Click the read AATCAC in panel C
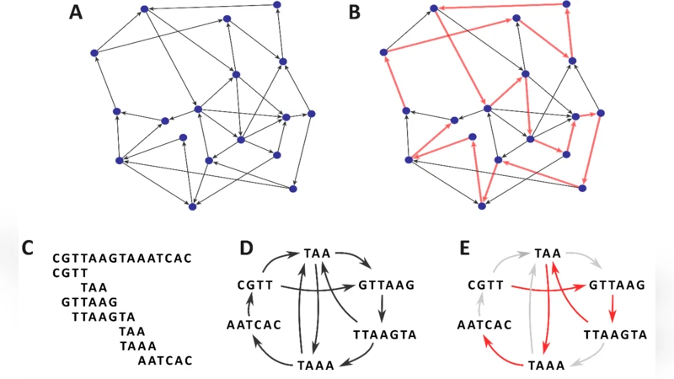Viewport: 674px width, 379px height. coord(165,360)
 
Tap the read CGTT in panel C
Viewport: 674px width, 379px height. coord(69,272)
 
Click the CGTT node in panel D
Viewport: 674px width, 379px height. coord(254,285)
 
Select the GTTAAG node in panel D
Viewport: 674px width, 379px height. coord(387,286)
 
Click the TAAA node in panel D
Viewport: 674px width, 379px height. coord(315,366)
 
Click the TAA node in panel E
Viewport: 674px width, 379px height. coord(548,253)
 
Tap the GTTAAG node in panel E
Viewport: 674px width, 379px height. coord(617,286)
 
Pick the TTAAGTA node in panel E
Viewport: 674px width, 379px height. coord(615,334)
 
